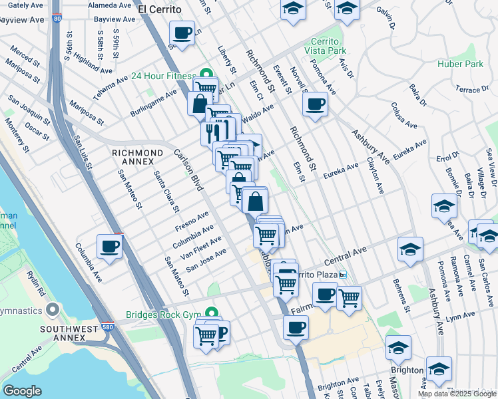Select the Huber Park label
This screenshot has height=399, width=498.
[460, 65]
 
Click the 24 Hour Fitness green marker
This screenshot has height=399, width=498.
[206, 75]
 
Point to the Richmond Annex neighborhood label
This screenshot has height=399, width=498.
[138, 158]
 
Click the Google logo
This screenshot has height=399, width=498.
[23, 391]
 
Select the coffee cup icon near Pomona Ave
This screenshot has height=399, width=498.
[315, 104]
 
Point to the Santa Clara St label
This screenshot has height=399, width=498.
[166, 191]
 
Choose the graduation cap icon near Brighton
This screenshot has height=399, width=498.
[399, 348]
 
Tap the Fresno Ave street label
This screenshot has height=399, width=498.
[192, 221]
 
